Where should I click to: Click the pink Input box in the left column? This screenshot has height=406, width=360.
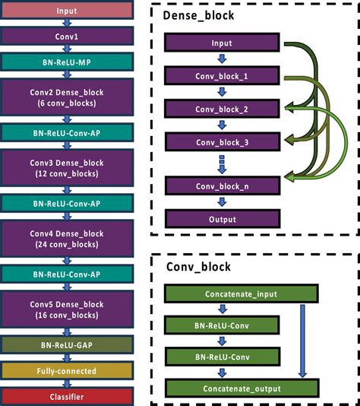click(x=67, y=11)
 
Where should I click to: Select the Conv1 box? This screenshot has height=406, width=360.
click(x=67, y=35)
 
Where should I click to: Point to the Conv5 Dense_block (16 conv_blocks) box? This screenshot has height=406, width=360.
click(x=67, y=309)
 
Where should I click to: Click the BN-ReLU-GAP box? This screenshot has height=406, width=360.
click(x=67, y=346)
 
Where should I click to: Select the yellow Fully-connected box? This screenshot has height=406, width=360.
click(x=67, y=371)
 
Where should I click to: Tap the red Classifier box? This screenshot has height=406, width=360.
click(x=67, y=395)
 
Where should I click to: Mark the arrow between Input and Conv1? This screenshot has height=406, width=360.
click(x=67, y=23)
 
